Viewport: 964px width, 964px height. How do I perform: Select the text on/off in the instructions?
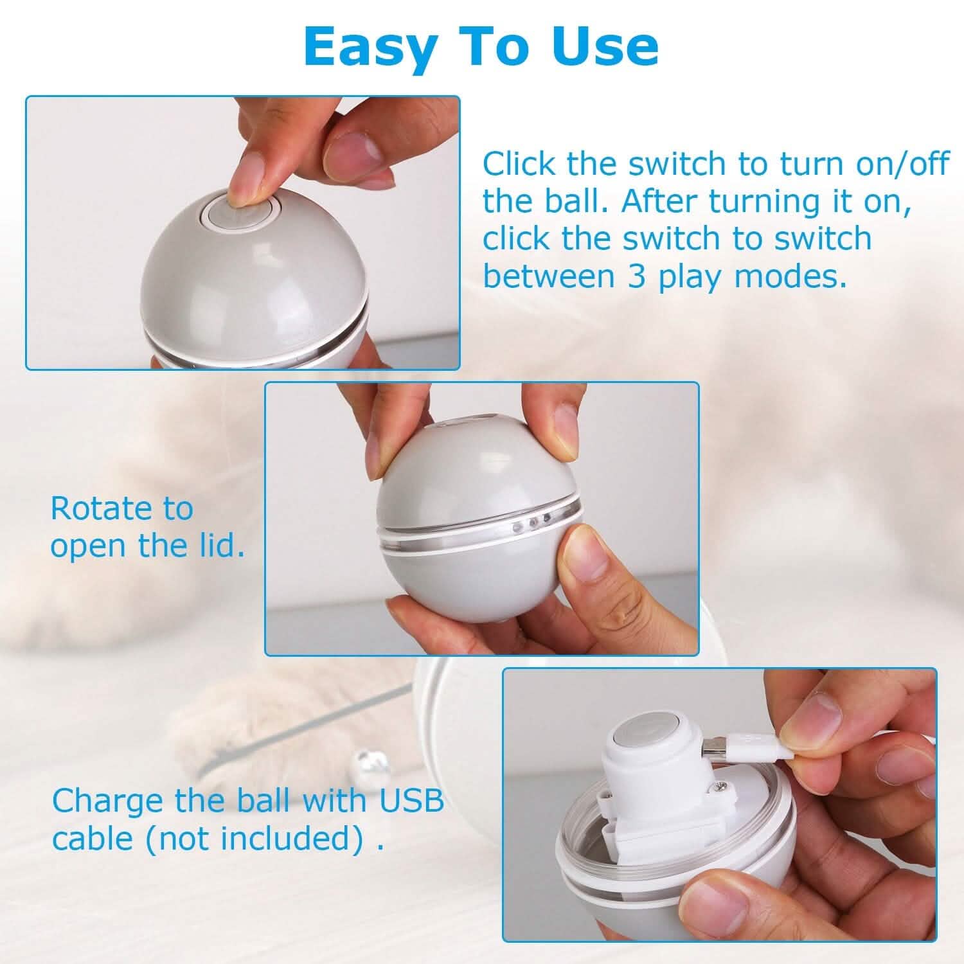(x=902, y=164)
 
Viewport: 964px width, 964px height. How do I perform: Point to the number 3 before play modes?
(x=636, y=276)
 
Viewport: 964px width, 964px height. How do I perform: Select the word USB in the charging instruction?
(x=411, y=801)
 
